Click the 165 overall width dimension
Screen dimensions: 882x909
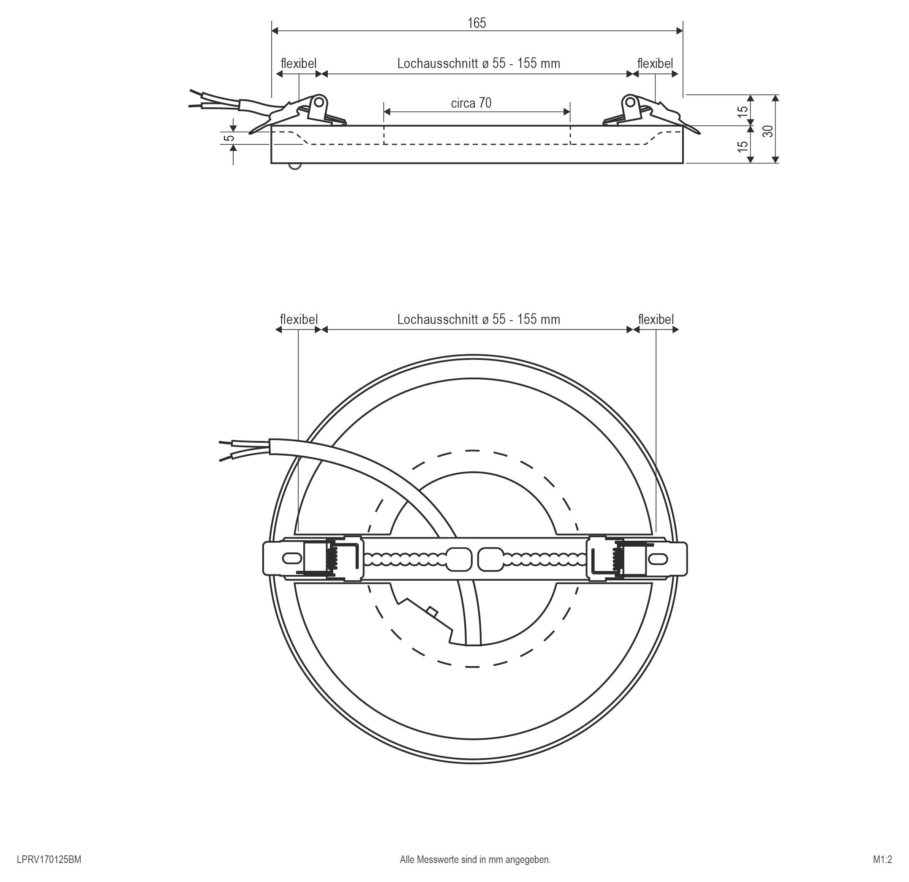476,23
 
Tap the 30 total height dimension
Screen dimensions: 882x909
768,131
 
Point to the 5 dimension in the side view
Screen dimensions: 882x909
229,138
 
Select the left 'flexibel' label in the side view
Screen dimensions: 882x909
299,63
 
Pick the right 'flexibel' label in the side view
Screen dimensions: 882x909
655,63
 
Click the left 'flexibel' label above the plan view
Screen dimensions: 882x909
299,319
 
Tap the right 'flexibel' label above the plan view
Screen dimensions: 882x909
656,319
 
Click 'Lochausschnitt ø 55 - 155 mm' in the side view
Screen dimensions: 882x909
478,63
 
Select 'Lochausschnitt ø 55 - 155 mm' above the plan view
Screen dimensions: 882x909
478,319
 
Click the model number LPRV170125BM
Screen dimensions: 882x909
49,859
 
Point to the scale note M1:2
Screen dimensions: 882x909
882,859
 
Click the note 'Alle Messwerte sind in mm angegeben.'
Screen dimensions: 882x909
475,859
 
